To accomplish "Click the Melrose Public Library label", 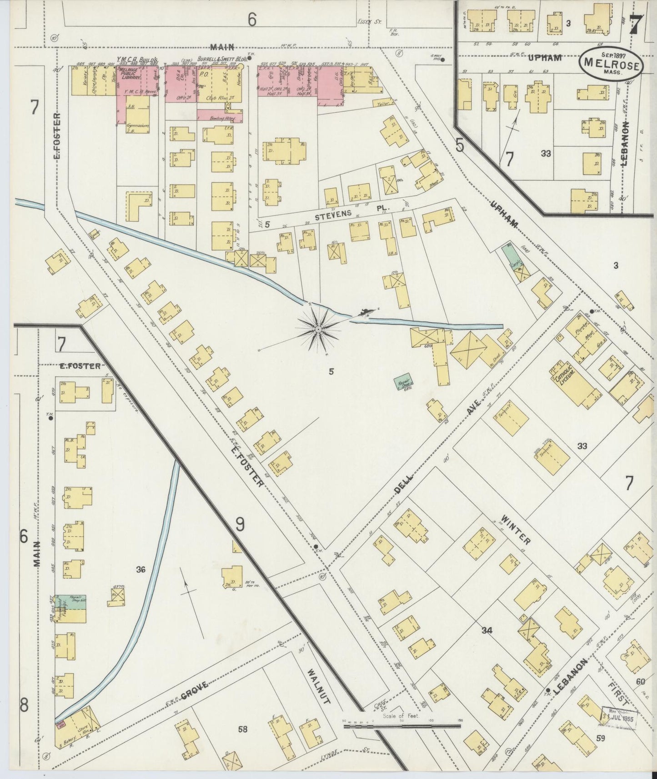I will tap(130, 75).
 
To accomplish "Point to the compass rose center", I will tap(318, 329).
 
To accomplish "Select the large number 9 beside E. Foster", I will tap(240, 524).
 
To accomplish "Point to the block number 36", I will tap(140, 569).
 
